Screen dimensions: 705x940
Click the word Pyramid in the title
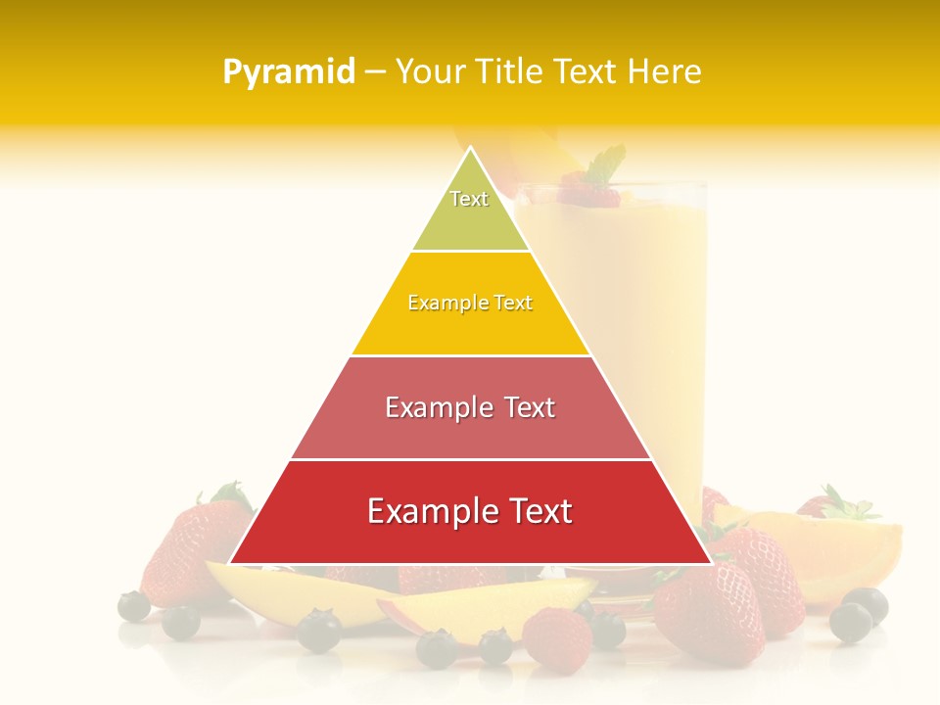(288, 71)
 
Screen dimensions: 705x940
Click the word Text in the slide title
(586, 71)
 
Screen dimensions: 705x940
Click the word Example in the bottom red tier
(430, 511)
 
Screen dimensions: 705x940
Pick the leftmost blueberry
(134, 606)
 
